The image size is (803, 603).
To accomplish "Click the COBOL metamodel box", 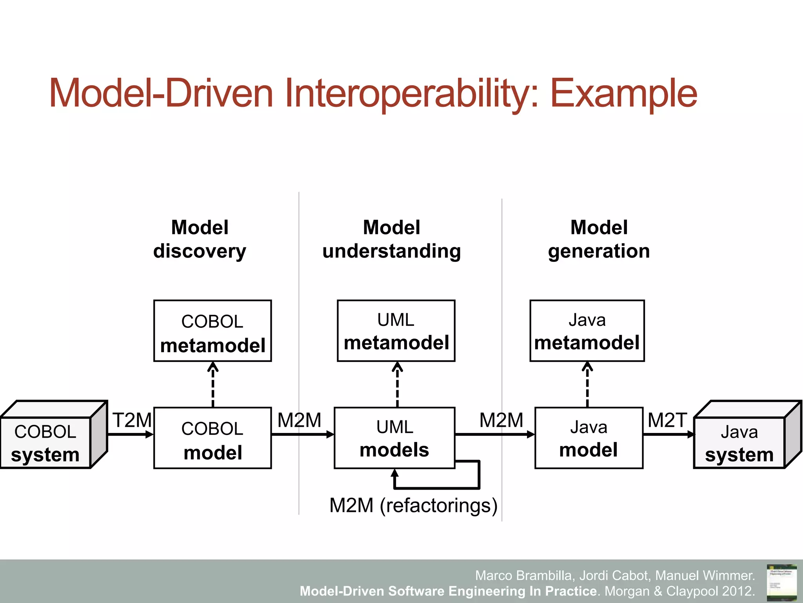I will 213,331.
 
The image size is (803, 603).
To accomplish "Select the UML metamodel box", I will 396,331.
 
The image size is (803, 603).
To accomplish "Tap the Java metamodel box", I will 587,331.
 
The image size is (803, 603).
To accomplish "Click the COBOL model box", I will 213,438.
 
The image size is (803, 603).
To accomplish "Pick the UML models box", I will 394,438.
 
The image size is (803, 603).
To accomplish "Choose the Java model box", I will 589,438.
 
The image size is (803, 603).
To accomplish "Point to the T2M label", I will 132,420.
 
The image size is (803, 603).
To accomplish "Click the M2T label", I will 667,420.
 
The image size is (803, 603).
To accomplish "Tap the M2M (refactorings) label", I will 413,505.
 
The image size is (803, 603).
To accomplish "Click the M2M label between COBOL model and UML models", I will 299,420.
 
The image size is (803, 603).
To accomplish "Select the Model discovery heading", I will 200,239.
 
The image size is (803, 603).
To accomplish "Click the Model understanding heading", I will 391,239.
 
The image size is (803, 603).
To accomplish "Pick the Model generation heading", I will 599,239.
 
